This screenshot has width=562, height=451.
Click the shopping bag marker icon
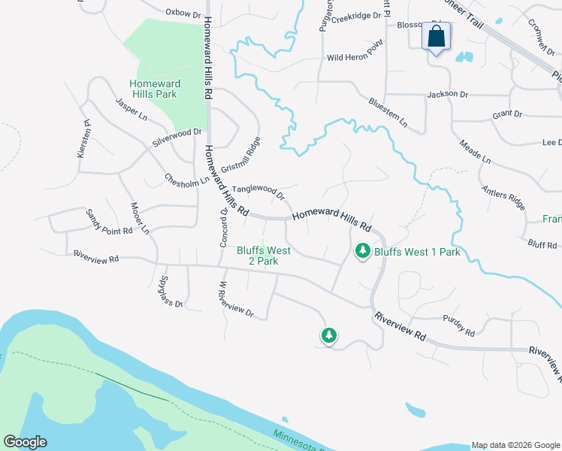click(437, 36)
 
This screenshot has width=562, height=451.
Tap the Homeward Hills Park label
click(153, 89)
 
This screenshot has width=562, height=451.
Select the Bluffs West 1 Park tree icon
click(363, 251)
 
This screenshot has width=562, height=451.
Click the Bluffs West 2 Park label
click(258, 256)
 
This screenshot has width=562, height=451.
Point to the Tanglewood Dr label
click(258, 193)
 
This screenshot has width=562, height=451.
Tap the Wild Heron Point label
click(355, 58)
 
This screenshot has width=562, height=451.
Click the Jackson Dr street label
click(447, 95)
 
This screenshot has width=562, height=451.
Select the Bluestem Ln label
click(388, 111)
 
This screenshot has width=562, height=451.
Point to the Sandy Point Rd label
click(109, 222)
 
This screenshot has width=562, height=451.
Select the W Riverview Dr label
click(237, 299)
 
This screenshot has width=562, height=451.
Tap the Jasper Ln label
click(131, 110)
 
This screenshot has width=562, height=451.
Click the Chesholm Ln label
click(187, 180)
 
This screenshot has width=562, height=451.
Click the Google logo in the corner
click(25, 442)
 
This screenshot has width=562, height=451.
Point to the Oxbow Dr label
click(184, 13)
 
